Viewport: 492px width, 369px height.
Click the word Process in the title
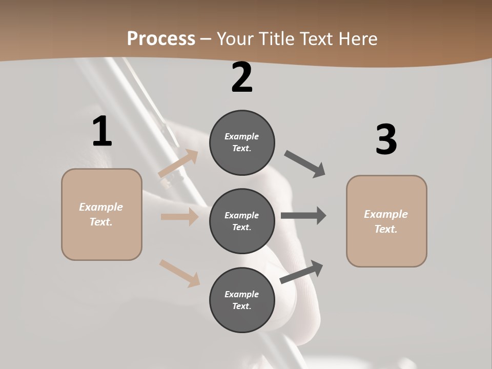coord(161,38)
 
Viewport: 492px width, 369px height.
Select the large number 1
coord(102,132)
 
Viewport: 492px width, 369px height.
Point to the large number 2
coord(242,77)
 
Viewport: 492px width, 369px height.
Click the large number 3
coord(386,139)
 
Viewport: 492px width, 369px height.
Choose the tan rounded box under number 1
coord(101,214)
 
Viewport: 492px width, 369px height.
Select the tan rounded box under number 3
coord(386,221)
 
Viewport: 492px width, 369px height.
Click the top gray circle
coord(242,142)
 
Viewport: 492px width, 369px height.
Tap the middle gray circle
coord(242,221)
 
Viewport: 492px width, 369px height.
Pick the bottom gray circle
coord(242,300)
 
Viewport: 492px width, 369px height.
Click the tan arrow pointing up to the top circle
coord(178,163)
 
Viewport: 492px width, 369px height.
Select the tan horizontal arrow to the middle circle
coord(179,217)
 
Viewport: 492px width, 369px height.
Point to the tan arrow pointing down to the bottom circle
coord(179,273)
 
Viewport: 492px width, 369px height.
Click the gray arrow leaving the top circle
coord(305,164)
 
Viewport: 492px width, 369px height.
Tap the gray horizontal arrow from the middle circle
coord(303,216)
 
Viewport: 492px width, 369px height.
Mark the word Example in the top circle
coord(241,136)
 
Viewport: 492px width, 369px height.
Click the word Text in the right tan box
coord(385,229)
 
